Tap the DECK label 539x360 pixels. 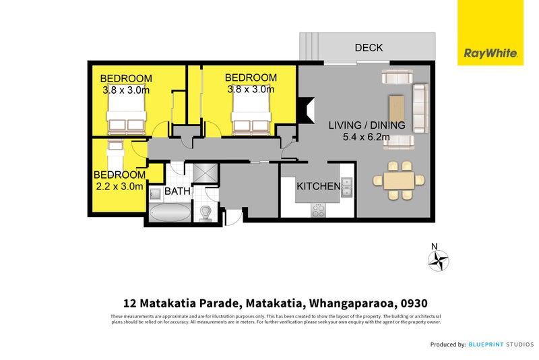369,47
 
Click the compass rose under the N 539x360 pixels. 439,261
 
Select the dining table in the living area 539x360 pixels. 399,181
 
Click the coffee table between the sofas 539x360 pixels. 396,109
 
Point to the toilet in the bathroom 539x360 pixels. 205,213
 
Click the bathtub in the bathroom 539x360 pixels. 170,212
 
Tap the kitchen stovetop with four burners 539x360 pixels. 318,210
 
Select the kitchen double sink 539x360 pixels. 346,187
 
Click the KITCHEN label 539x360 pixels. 318,186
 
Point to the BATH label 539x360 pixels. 177,191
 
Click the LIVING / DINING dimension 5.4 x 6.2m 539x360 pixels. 366,137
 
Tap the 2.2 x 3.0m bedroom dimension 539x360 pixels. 119,186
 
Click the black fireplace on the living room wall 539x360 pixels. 306,110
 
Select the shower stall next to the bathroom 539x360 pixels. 205,173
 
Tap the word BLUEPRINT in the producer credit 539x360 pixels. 486,344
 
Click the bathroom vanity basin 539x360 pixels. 155,194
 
